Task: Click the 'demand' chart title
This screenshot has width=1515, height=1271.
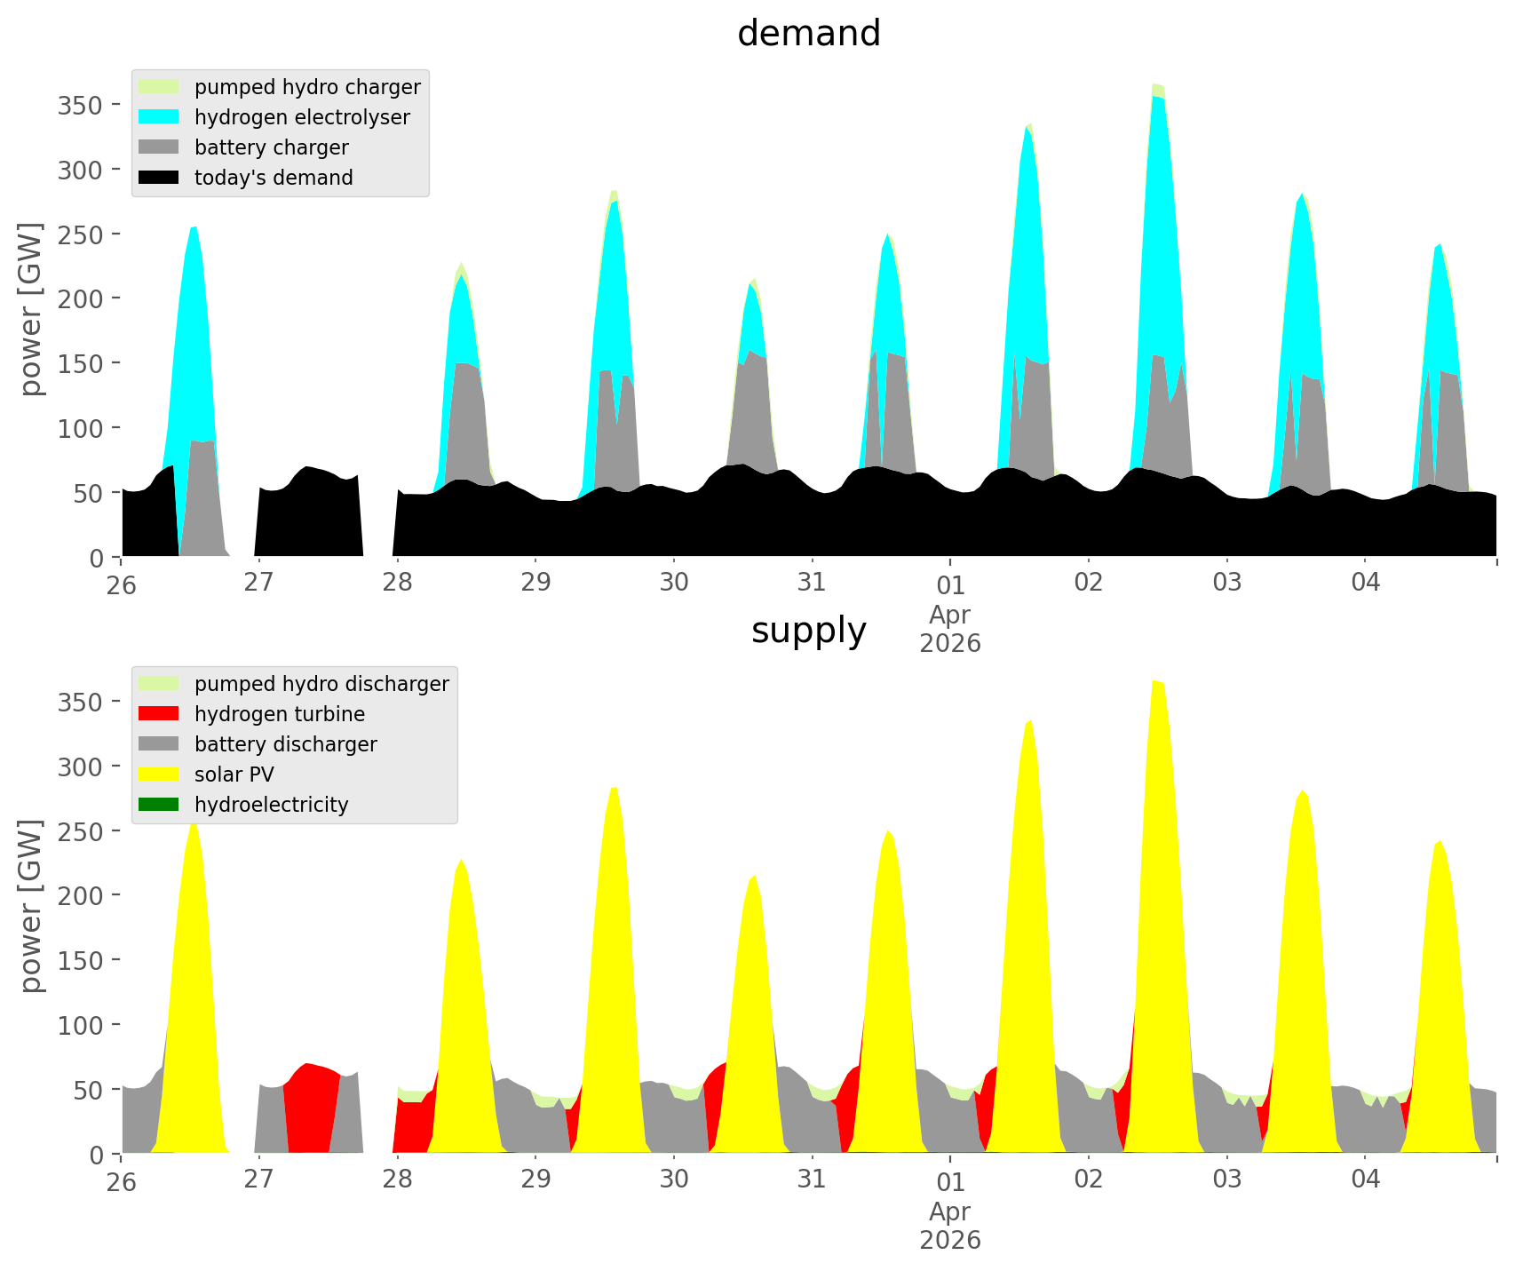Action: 808,34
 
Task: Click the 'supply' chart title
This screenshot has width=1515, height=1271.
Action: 808,631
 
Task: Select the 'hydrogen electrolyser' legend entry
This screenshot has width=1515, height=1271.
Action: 301,117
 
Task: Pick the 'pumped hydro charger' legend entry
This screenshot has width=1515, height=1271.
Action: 306,87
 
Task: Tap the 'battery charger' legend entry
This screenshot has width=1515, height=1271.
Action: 271,147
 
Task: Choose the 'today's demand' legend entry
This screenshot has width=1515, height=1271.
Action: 273,178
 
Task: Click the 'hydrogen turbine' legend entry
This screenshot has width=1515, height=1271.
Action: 279,714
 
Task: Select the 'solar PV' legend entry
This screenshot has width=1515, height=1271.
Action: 234,775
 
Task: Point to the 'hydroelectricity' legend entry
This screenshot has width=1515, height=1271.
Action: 271,805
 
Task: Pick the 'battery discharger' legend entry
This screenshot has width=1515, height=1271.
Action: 285,744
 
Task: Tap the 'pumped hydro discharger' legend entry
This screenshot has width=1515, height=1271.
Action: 321,684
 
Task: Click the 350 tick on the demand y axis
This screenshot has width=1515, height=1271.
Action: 81,105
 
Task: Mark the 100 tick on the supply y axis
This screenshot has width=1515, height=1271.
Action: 81,1024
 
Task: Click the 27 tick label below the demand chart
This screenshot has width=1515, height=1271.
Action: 258,583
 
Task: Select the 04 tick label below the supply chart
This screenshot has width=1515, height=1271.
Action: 1366,1180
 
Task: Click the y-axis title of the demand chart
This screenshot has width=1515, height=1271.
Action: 31,309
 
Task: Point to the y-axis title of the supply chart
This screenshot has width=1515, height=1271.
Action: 31,906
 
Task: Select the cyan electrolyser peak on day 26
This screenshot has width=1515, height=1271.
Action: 194,266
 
